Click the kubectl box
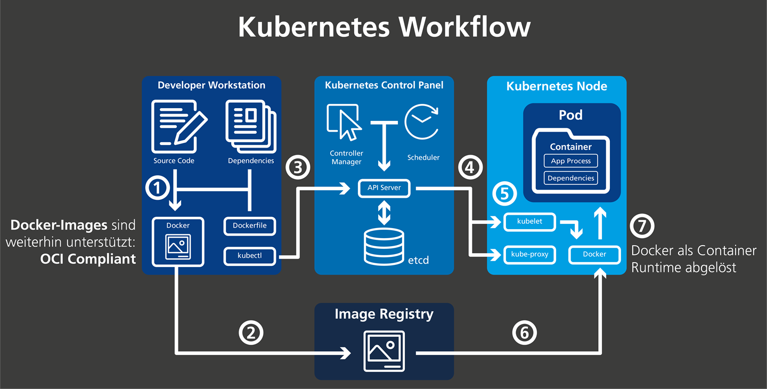pos(250,256)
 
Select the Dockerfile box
pos(250,226)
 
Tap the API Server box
pos(384,188)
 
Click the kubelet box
pos(529,222)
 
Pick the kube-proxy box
pos(529,255)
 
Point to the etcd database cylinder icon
pos(384,247)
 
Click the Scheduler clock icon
pos(421,122)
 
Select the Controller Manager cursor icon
pos(344,123)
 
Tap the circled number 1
pos(158,188)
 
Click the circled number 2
pos(251,333)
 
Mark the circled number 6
pos(525,333)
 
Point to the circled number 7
pos(642,226)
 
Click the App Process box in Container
pos(571,161)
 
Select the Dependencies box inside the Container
pos(571,179)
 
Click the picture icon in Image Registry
pos(383,351)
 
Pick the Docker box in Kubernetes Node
pos(594,255)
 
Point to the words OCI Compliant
pos(88,259)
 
